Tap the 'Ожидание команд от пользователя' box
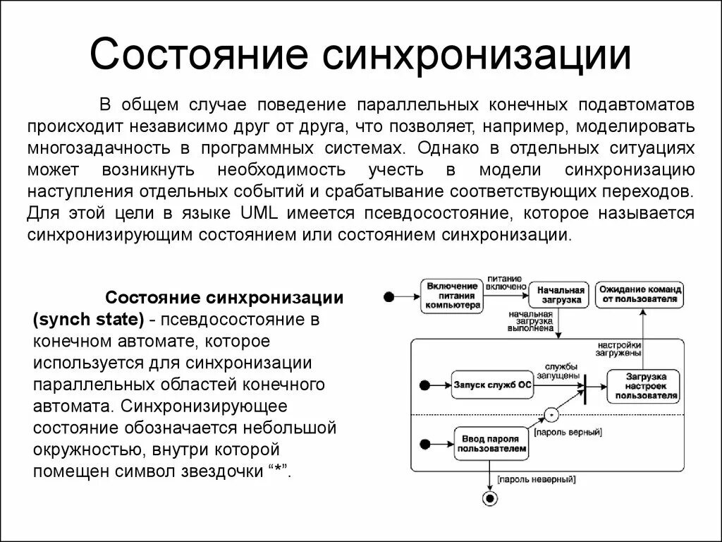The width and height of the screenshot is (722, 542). point(640,294)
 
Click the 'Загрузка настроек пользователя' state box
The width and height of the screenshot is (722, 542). point(642,386)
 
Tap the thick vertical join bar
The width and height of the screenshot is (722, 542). point(584,386)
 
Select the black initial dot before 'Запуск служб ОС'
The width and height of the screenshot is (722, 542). point(424,385)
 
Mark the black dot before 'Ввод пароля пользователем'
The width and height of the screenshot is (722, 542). point(424,444)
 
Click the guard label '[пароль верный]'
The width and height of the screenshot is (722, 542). point(568,431)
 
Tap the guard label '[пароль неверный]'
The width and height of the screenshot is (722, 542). point(537,479)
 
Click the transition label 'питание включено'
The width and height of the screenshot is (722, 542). point(505,282)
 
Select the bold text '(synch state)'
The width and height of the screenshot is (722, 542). point(88,318)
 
